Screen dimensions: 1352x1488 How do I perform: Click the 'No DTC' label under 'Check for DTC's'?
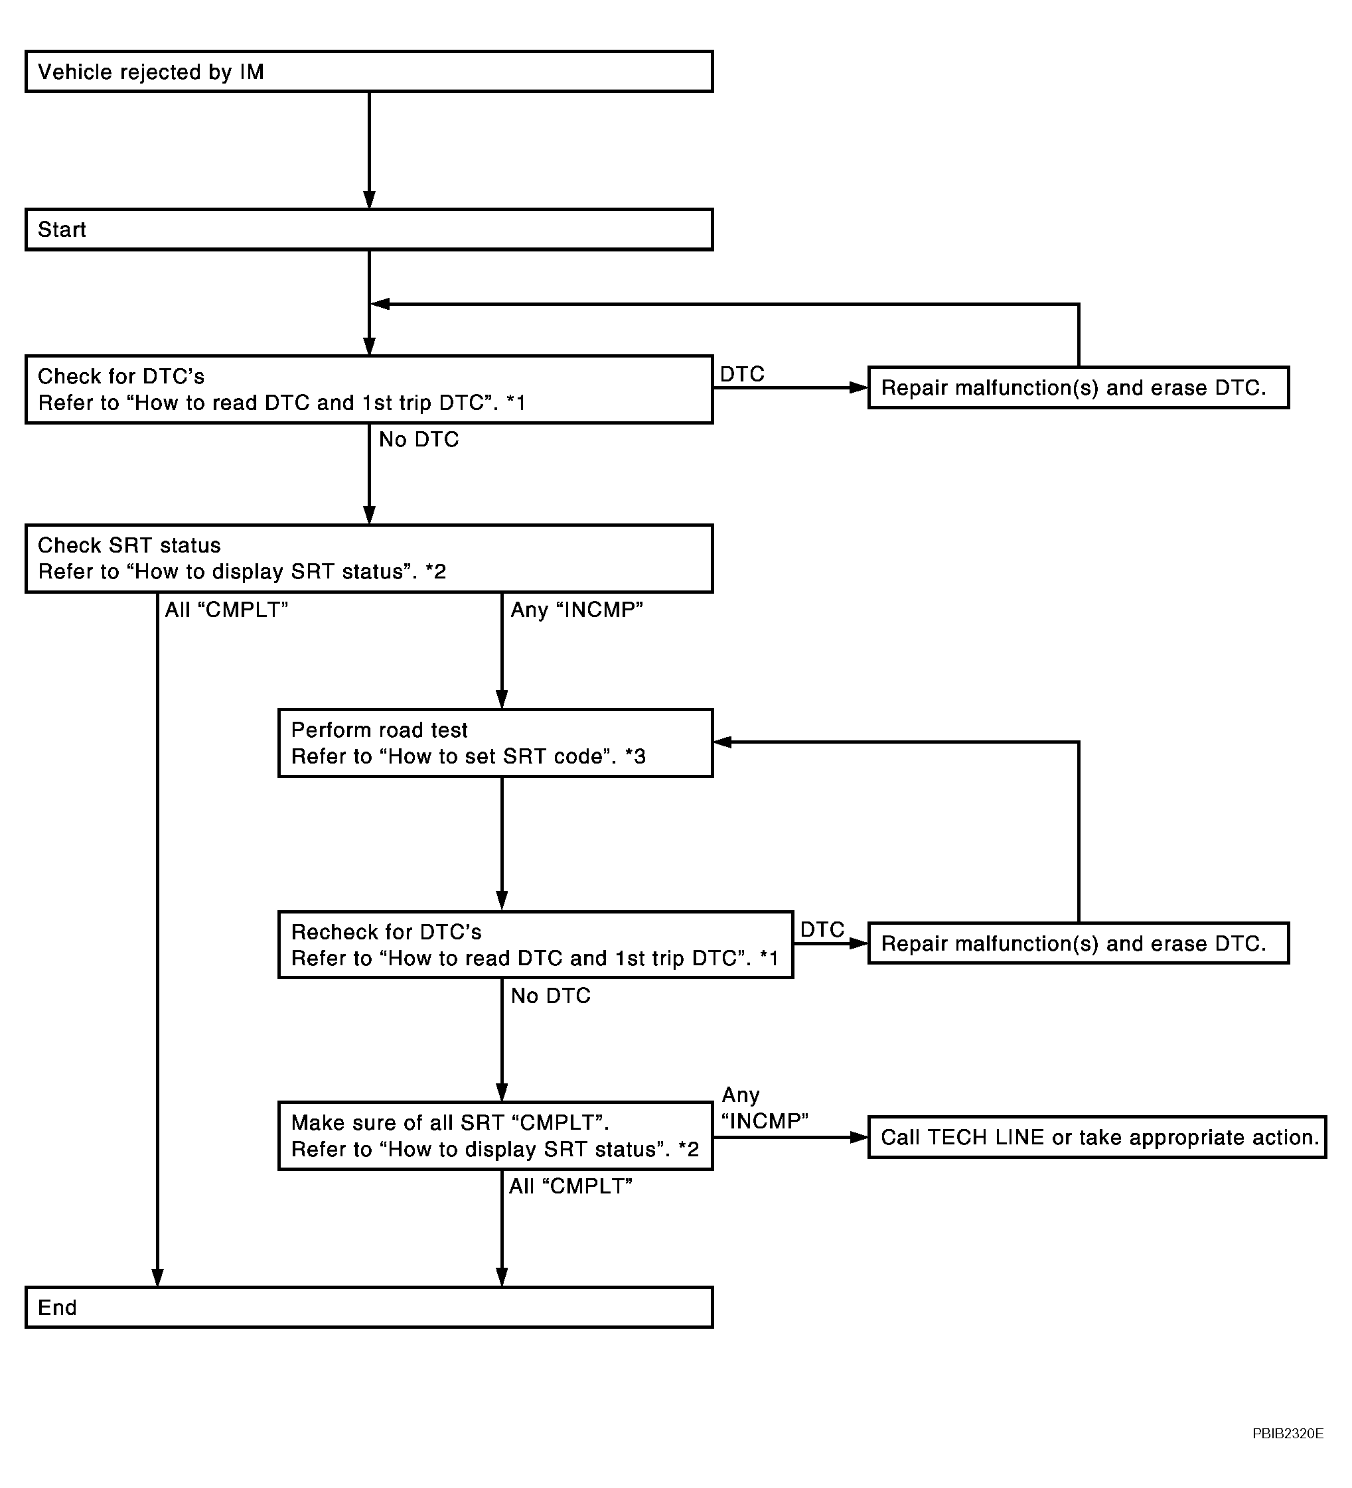[419, 440]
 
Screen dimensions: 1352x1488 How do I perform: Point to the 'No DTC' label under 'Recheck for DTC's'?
[551, 996]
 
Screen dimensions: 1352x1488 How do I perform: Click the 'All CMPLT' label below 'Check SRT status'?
[226, 610]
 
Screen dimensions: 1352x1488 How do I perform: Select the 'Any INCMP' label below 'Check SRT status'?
[577, 610]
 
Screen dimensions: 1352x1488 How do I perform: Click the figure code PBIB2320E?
[1288, 1434]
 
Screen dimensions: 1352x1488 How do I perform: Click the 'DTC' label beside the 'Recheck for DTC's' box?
[822, 929]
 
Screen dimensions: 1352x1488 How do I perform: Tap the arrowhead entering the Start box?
[369, 200]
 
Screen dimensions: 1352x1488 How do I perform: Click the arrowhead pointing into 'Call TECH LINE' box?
[859, 1138]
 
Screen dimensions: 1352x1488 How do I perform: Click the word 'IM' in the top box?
[251, 72]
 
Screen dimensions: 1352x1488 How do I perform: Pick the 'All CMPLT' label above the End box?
[571, 1186]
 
